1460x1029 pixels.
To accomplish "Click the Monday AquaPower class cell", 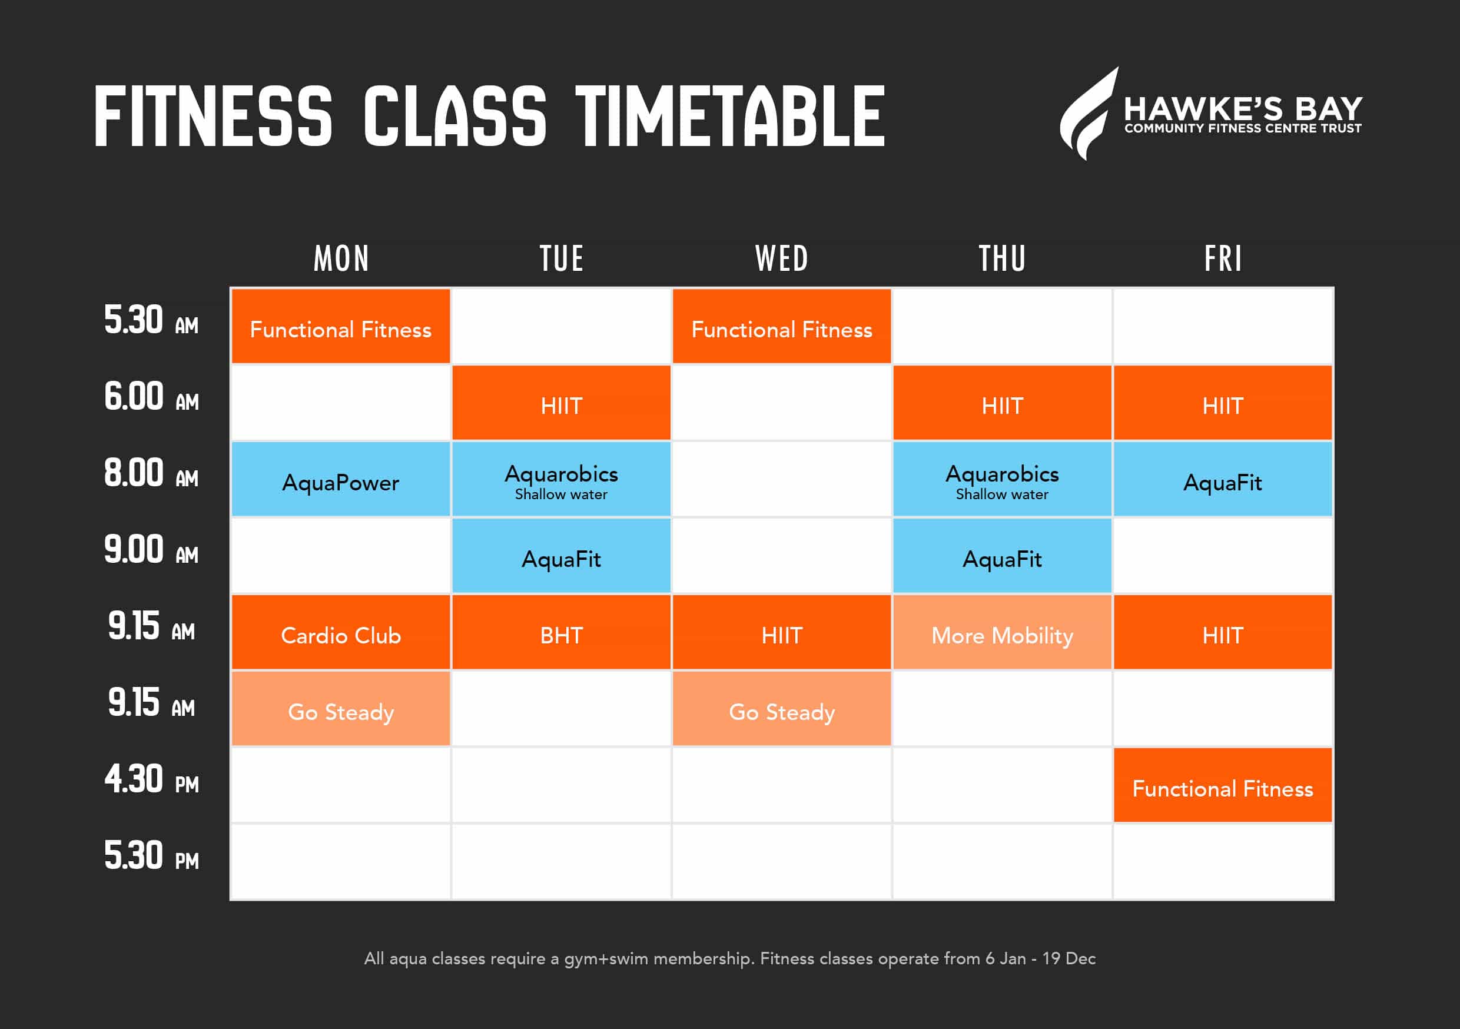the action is (x=340, y=479).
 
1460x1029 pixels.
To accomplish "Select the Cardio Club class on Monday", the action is (x=340, y=632).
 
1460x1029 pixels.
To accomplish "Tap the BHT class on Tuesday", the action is (x=561, y=632).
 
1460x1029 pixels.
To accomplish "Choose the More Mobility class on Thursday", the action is (x=1002, y=632).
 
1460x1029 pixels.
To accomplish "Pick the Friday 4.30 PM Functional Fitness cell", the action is (x=1223, y=785).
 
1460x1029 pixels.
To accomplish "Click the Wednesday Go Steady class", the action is (x=781, y=709).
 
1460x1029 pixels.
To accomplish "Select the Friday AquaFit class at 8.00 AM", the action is (x=1223, y=479).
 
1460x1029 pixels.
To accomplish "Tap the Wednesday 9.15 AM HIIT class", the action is (x=781, y=632).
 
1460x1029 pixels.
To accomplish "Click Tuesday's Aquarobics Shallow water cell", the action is (x=561, y=479).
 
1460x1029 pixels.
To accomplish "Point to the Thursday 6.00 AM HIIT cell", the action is (x=1002, y=403).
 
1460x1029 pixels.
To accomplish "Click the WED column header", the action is (x=781, y=259).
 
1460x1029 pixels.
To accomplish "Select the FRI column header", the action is (x=1223, y=259).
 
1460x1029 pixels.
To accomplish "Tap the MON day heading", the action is (x=341, y=259).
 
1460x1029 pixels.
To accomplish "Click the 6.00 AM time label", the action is (x=151, y=396).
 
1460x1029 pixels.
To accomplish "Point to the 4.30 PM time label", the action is (x=151, y=779).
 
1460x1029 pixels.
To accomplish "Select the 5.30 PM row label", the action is (x=151, y=855).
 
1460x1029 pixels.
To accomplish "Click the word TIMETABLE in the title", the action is (x=730, y=116).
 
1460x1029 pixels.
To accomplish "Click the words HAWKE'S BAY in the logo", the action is (x=1243, y=109).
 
